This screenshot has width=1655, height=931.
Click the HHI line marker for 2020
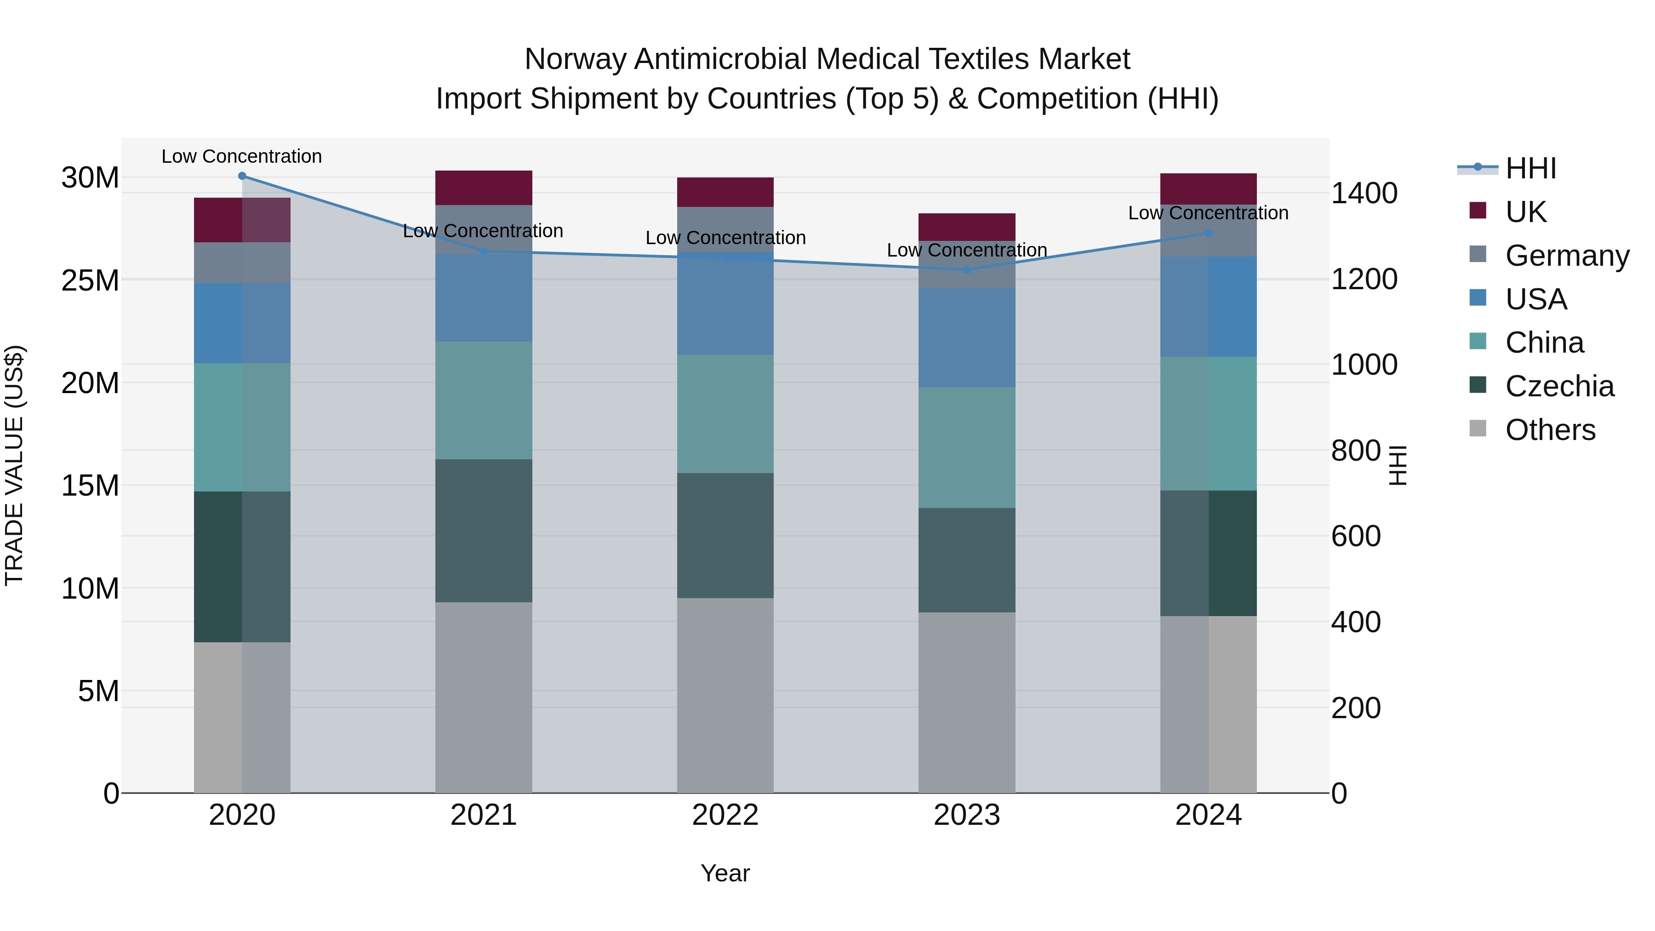242,176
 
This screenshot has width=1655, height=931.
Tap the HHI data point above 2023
967,270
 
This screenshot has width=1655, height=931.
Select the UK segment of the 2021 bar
484,188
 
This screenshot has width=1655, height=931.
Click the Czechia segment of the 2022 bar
725,536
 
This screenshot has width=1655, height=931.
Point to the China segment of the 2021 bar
484,400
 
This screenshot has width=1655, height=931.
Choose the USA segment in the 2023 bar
967,337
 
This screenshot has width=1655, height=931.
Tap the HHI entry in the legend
1530,168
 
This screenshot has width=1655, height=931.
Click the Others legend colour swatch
1478,428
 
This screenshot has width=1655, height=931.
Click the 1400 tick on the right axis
1364,194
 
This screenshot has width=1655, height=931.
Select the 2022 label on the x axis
725,815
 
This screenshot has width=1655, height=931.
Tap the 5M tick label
98,691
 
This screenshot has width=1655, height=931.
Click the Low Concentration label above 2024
1208,213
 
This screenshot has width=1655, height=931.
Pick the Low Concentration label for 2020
241,156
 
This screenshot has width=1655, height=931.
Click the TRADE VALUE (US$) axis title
14,465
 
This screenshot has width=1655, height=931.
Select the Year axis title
725,873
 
